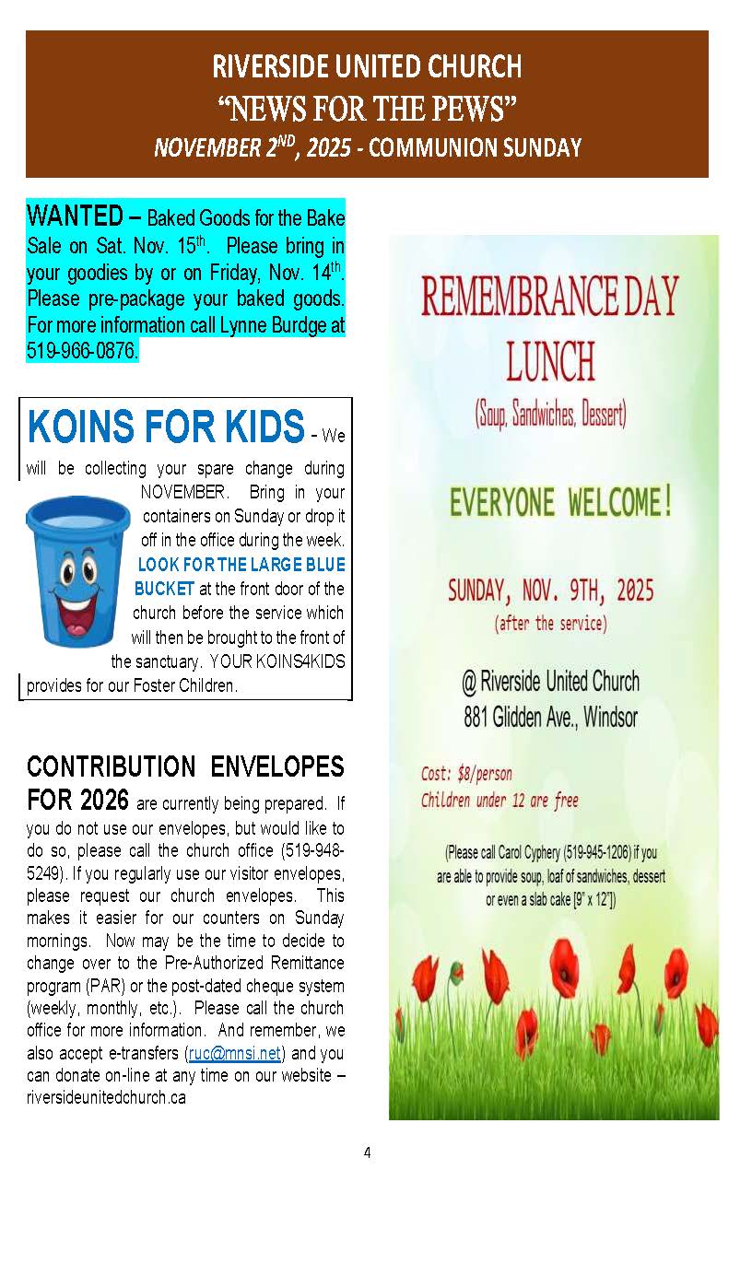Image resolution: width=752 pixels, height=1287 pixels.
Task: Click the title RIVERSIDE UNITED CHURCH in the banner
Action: pyautogui.click(x=367, y=67)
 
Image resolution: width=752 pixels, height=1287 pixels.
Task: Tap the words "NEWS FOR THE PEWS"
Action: pyautogui.click(x=367, y=109)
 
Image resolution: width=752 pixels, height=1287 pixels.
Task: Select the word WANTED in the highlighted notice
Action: pyautogui.click(x=75, y=217)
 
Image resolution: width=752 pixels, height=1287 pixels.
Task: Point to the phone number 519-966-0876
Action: pyautogui.click(x=82, y=351)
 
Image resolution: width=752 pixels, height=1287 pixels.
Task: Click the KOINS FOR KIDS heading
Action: pyautogui.click(x=166, y=427)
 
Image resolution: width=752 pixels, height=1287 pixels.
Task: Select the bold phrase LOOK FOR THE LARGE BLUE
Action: pyautogui.click(x=241, y=565)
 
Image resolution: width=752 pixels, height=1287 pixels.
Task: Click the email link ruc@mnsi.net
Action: pyautogui.click(x=235, y=1052)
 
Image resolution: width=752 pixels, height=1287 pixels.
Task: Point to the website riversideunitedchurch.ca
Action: pyautogui.click(x=100, y=1098)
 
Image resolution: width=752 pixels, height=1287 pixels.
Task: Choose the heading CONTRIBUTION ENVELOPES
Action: pyautogui.click(x=185, y=766)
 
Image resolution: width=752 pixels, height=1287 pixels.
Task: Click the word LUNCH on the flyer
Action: pyautogui.click(x=550, y=362)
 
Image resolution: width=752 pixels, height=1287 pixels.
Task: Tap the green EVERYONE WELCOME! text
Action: pyautogui.click(x=560, y=503)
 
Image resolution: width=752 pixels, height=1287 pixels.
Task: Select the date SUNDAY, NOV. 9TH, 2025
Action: pyautogui.click(x=550, y=591)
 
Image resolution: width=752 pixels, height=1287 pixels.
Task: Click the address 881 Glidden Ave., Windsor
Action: pyautogui.click(x=550, y=717)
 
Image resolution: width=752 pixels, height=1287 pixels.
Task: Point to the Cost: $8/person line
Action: pyautogui.click(x=466, y=773)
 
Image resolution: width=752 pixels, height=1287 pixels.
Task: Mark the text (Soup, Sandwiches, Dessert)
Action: pyautogui.click(x=550, y=415)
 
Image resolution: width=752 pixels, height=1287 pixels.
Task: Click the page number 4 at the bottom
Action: pyautogui.click(x=367, y=1152)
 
